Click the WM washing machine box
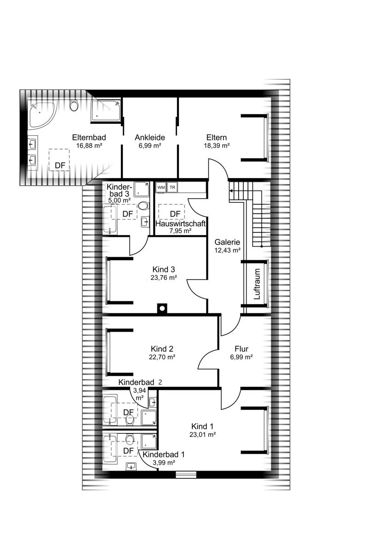[161, 187]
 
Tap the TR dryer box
[172, 187]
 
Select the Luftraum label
[257, 284]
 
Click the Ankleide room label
[150, 138]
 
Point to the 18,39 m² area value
[217, 146]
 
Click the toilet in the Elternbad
[74, 106]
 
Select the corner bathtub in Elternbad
[42, 114]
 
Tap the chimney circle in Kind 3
[162, 308]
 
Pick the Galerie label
[227, 242]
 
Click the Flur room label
[241, 349]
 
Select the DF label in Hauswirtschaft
[175, 214]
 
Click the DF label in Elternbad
[60, 165]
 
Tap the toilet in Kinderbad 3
[143, 205]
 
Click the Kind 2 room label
[162, 349]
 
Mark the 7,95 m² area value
[180, 231]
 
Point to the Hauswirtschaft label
[181, 224]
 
